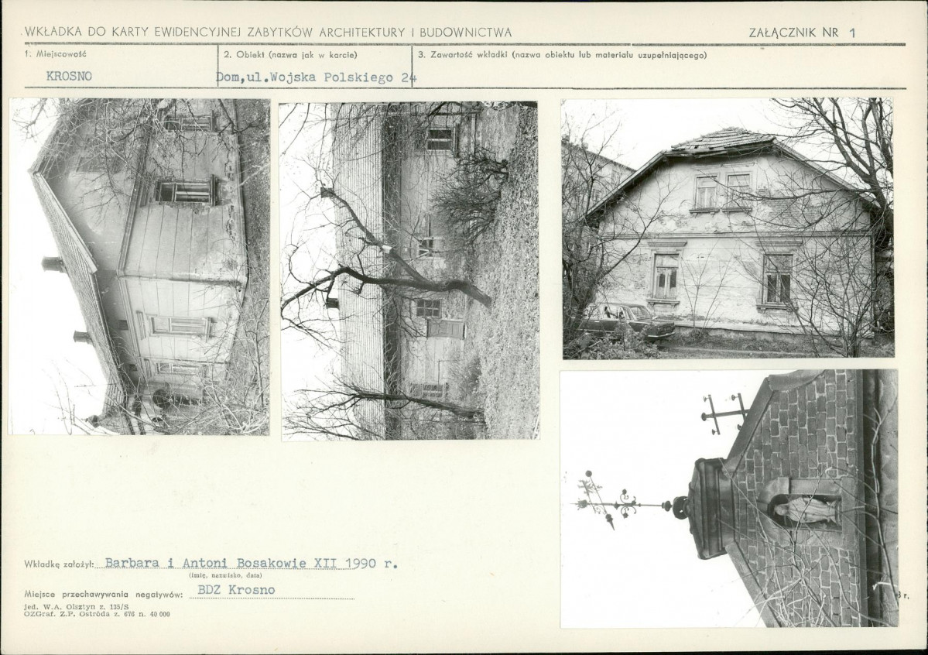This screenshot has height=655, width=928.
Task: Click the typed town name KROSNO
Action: [x=69, y=77]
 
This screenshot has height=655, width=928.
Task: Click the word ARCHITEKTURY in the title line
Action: [x=361, y=33]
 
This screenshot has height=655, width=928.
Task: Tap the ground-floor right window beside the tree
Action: [x=777, y=279]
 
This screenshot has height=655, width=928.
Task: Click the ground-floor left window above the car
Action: [x=666, y=276]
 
